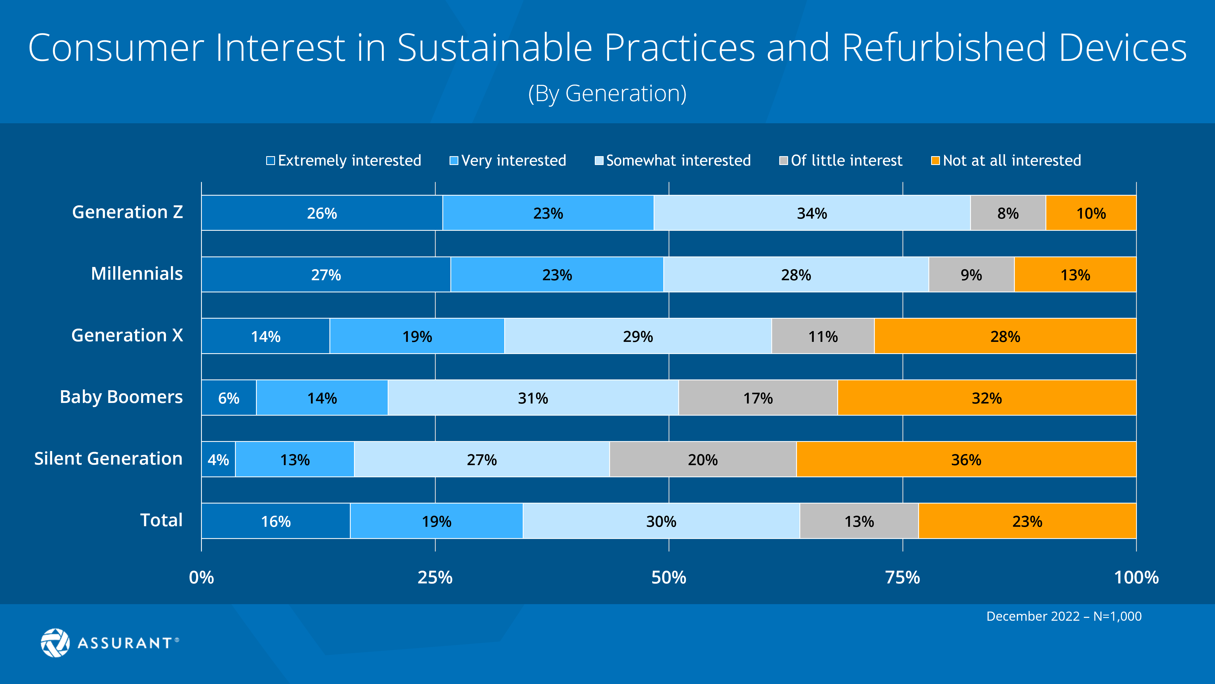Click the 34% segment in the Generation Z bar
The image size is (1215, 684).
pos(812,213)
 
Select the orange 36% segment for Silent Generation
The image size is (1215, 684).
pos(966,459)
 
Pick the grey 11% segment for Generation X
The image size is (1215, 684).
pos(823,336)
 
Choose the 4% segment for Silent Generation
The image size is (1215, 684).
pos(218,459)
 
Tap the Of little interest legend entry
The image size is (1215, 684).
pos(841,161)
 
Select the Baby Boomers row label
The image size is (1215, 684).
pos(121,397)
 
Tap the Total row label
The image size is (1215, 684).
pos(161,520)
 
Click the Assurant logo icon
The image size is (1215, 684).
pos(55,643)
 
